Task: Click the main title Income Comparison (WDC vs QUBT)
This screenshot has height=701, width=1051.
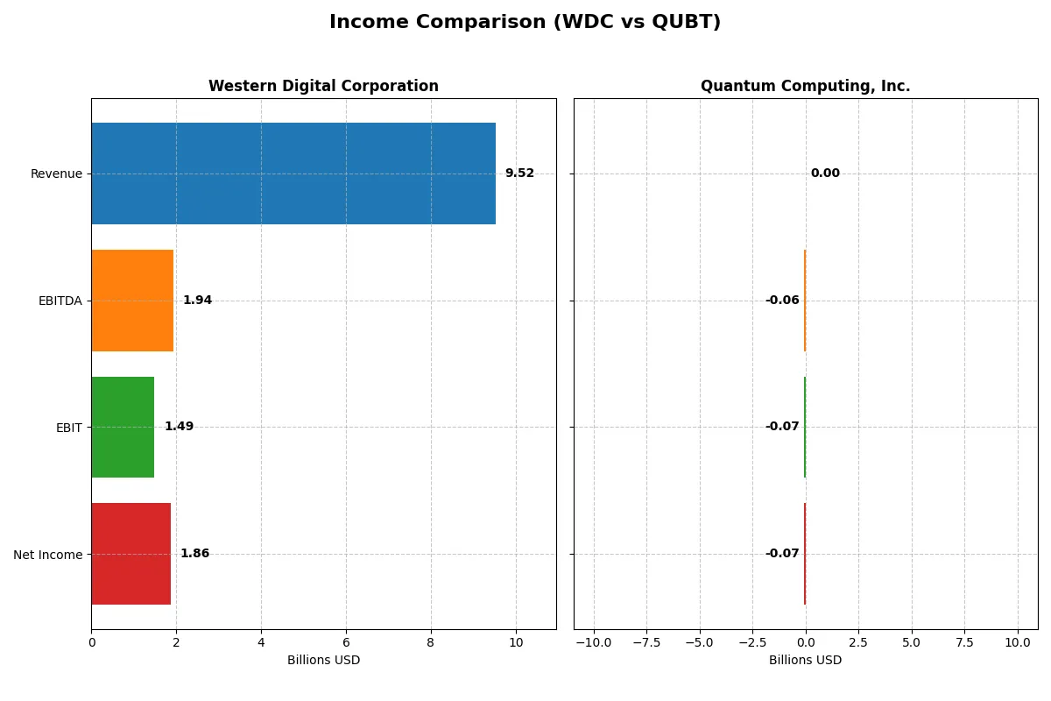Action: tap(525, 23)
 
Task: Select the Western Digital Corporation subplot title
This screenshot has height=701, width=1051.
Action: tap(323, 86)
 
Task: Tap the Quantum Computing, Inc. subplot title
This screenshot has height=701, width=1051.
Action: tap(805, 86)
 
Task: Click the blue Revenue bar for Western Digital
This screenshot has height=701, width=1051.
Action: tap(293, 173)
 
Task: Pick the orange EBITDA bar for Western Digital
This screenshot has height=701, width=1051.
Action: tap(132, 301)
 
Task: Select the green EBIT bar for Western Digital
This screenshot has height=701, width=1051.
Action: tap(123, 427)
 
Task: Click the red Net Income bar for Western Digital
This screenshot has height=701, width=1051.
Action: tap(130, 554)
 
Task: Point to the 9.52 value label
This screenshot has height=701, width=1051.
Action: tap(519, 173)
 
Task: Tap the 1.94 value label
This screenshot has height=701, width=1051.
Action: tap(197, 301)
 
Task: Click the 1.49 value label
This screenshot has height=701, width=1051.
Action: tap(179, 427)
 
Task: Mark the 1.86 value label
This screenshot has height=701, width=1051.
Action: tap(194, 554)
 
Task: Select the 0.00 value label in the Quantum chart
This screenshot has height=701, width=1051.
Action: tap(825, 173)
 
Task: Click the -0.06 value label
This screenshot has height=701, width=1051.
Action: tap(782, 301)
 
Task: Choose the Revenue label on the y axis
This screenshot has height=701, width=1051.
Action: tap(56, 173)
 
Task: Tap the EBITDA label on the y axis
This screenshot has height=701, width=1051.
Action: tap(60, 301)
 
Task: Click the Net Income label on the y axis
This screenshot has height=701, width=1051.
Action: tap(47, 554)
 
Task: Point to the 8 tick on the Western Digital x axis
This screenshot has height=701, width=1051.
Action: tap(431, 642)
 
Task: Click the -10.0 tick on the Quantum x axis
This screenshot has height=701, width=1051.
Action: tap(594, 642)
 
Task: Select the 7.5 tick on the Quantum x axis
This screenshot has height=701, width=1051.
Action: tap(964, 642)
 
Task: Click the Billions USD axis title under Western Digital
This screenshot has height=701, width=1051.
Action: tap(323, 660)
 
